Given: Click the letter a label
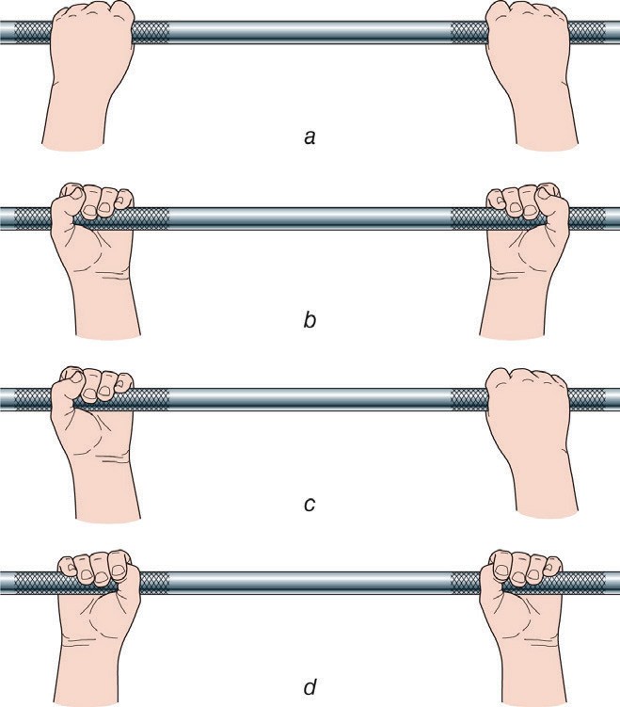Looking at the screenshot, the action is (310, 137).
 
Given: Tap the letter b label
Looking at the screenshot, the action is (310, 319).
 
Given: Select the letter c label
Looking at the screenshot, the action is (310, 504).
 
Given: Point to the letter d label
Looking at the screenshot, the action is (310, 686).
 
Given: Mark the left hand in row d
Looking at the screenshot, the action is (99, 627).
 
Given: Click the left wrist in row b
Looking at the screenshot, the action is (107, 307).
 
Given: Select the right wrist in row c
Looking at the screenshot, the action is (546, 487).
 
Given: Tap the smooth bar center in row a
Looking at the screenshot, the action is (310, 32).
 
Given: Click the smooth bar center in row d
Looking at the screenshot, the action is (310, 583).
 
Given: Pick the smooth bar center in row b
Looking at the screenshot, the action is (310, 218).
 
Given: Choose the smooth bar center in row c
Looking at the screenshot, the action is (310, 399).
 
